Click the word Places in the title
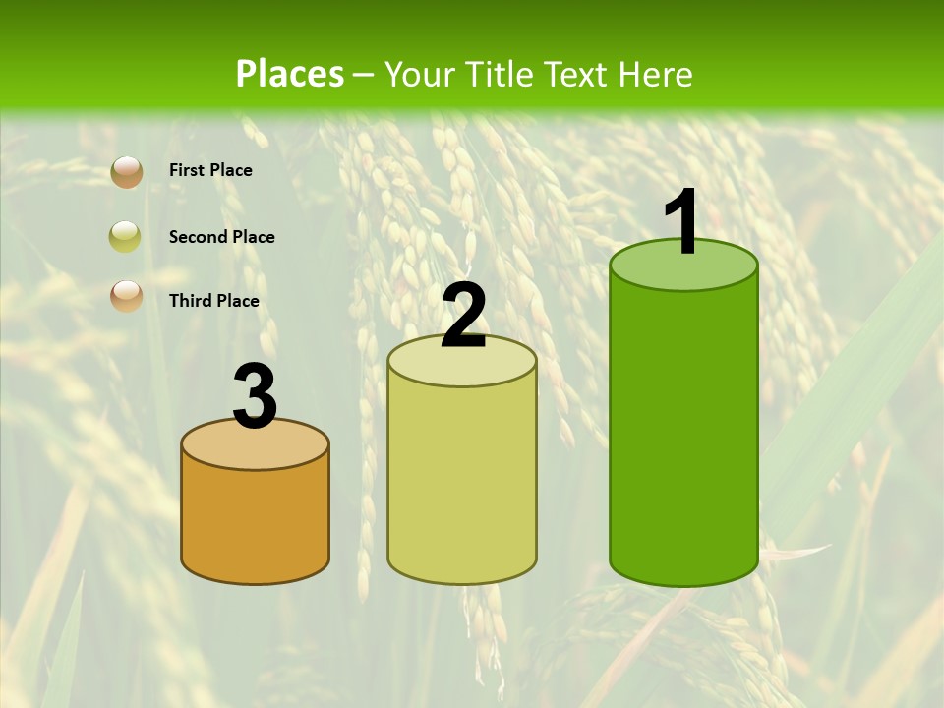pyautogui.click(x=289, y=74)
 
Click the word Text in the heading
pyautogui.click(x=577, y=74)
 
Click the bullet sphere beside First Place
pyautogui.click(x=126, y=171)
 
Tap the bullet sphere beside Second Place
pyautogui.click(x=126, y=236)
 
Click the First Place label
pyautogui.click(x=210, y=170)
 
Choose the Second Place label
pyautogui.click(x=221, y=237)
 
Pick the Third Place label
pyautogui.click(x=213, y=301)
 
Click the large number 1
pyautogui.click(x=682, y=222)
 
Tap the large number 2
pyautogui.click(x=463, y=317)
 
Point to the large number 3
pyautogui.click(x=255, y=397)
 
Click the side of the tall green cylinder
pyautogui.click(x=683, y=433)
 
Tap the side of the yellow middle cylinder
pyautogui.click(x=462, y=482)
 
